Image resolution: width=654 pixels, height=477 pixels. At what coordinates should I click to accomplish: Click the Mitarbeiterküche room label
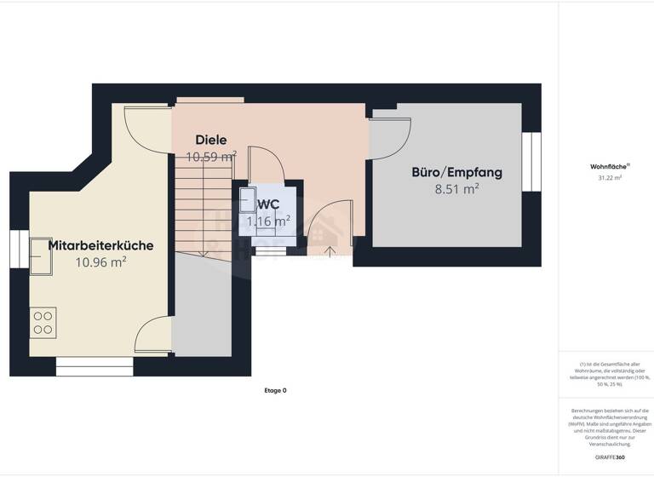tap(100, 245)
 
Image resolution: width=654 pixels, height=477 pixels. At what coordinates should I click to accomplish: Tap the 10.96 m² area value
tap(100, 262)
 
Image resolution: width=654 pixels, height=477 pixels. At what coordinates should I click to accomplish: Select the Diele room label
tap(210, 140)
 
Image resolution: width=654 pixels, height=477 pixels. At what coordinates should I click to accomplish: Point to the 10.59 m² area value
tap(211, 157)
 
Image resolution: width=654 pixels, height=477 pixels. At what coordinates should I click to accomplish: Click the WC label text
tap(268, 204)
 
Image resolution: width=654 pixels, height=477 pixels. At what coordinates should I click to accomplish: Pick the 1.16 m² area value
tap(268, 221)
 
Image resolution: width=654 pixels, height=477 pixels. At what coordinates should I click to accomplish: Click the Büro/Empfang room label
tap(456, 172)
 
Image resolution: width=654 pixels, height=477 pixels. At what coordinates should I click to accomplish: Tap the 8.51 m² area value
tap(456, 189)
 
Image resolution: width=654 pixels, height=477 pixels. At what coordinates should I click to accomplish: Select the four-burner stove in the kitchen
tap(43, 322)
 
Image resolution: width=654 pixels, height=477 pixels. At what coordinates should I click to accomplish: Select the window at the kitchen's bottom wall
tap(95, 366)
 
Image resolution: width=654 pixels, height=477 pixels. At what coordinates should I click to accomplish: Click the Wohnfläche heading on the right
tap(605, 167)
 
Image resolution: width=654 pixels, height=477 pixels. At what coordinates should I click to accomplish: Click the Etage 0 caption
tap(276, 390)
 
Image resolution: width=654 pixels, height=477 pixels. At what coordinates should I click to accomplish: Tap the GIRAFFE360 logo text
tap(610, 458)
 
